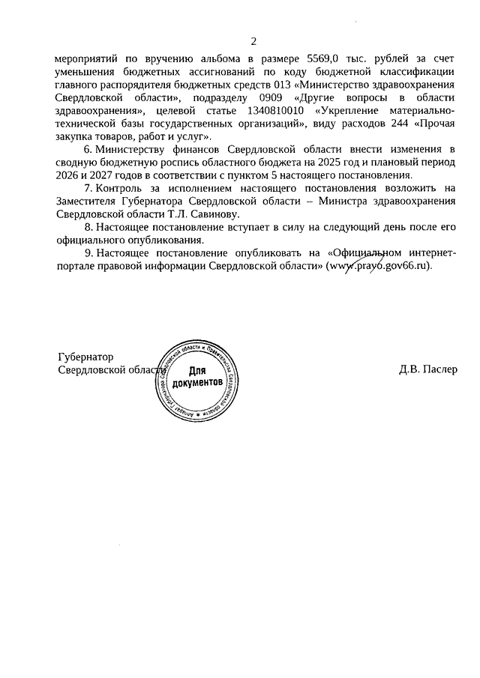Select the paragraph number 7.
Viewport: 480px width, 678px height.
88,188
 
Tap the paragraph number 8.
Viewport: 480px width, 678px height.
88,227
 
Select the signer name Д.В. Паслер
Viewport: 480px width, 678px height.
428,370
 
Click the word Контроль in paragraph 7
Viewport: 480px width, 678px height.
120,188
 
